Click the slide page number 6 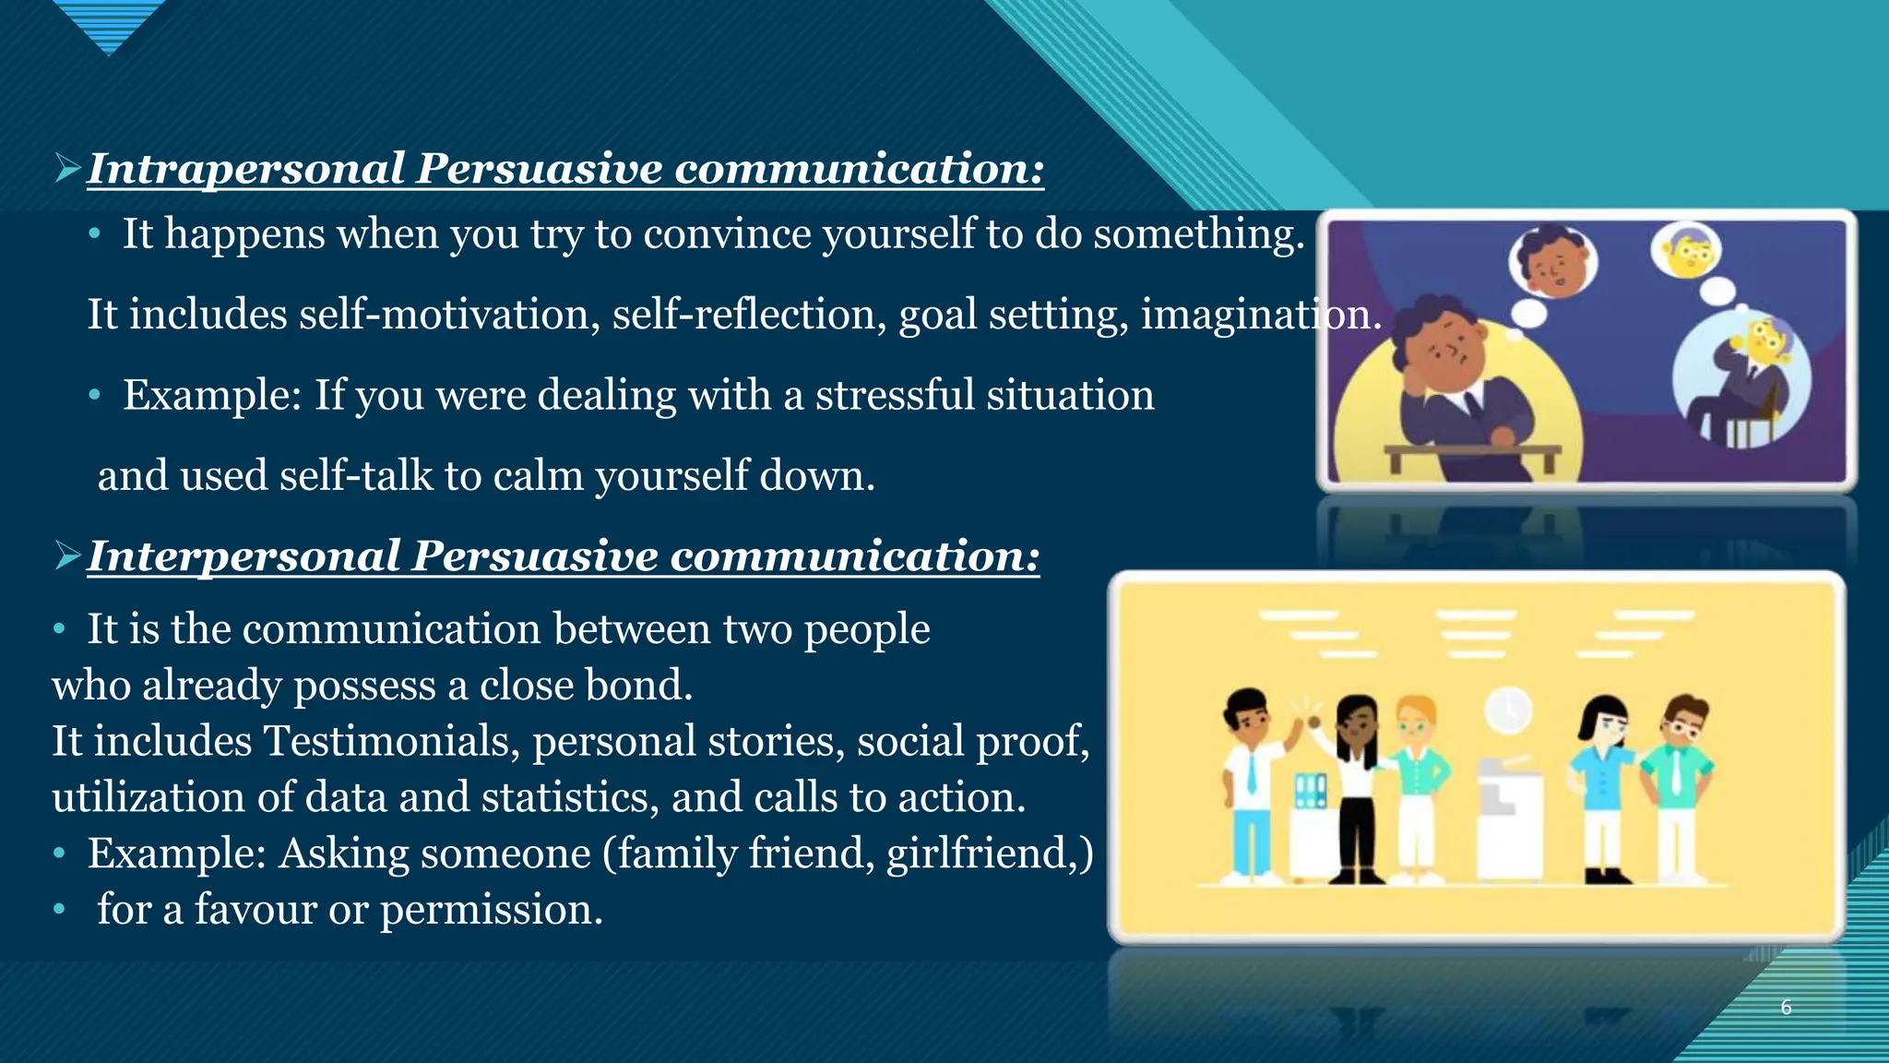tap(1786, 1007)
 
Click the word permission tap(491, 910)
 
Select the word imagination tap(1260, 315)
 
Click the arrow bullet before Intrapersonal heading tap(68, 168)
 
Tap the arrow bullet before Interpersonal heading tap(68, 555)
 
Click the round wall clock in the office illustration tap(1508, 711)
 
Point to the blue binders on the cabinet tap(1310, 790)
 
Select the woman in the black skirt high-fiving tap(1356, 784)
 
